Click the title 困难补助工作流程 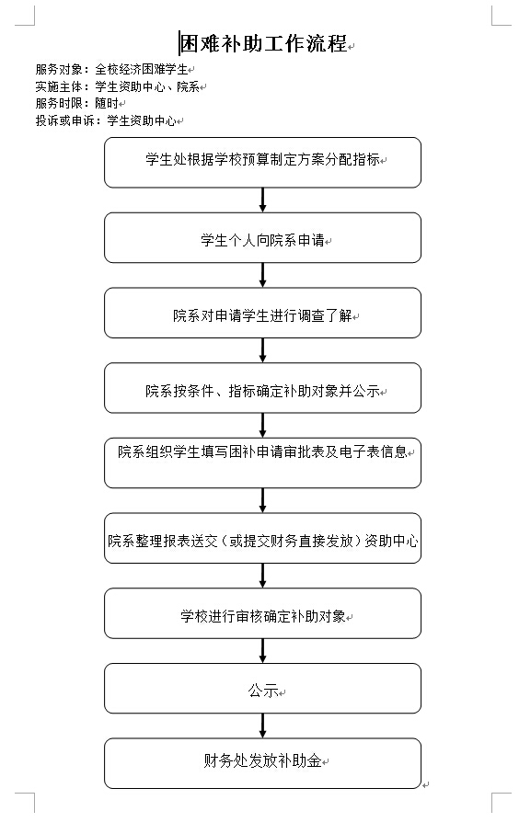[x=264, y=43]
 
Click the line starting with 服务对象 [x=112, y=70]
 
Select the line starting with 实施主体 [x=118, y=86]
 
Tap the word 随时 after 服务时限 [x=107, y=103]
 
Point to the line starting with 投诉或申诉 [x=106, y=120]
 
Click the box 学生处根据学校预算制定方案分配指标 [x=262, y=162]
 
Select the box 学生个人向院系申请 [x=262, y=238]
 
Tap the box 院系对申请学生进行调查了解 [x=262, y=313]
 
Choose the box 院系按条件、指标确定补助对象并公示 [x=262, y=388]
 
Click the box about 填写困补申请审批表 [x=262, y=463]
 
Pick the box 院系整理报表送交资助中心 [x=262, y=538]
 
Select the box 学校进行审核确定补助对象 [x=262, y=613]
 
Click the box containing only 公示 [x=262, y=689]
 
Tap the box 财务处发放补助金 [x=262, y=763]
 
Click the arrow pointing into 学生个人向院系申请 [x=262, y=200]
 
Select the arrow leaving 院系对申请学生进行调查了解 [x=262, y=350]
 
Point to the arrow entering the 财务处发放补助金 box [x=262, y=725]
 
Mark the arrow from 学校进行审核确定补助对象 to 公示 [x=262, y=650]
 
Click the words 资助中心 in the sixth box [x=391, y=541]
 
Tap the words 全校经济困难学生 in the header [x=142, y=70]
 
